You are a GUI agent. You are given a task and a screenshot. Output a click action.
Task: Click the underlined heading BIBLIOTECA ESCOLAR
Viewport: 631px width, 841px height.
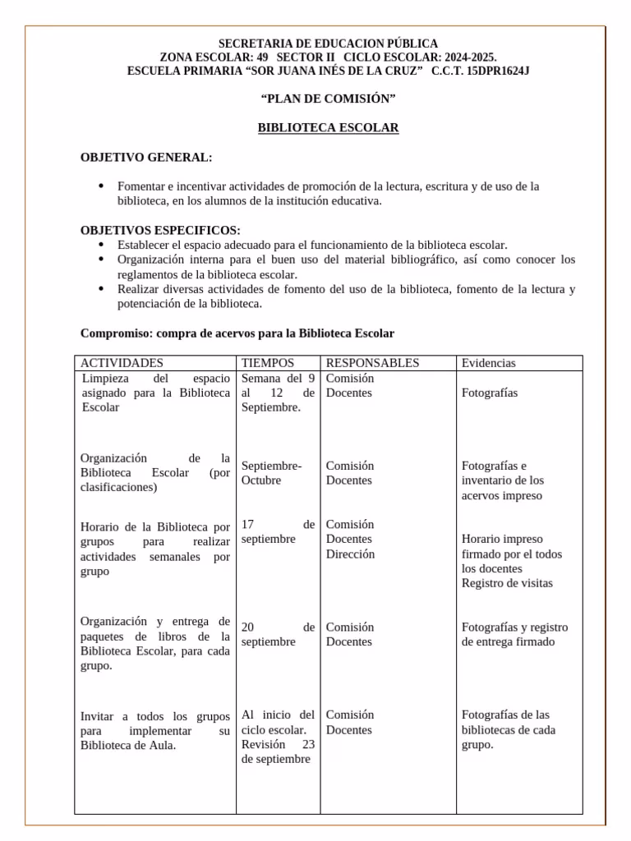(328, 128)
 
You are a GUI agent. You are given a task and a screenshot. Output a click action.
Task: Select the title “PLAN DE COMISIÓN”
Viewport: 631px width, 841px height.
(328, 99)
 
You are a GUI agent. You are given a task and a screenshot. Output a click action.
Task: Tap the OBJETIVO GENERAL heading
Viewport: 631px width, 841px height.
(145, 158)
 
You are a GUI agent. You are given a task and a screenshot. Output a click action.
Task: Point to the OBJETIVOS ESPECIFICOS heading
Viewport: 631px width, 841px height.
(160, 231)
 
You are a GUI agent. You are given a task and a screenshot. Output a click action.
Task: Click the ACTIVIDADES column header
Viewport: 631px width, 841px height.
(122, 363)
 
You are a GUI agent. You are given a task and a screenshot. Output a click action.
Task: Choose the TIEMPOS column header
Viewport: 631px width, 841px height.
(268, 363)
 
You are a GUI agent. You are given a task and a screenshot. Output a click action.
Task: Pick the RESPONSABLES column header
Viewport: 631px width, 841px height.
(372, 363)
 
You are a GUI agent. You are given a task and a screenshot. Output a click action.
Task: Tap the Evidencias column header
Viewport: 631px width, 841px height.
(489, 363)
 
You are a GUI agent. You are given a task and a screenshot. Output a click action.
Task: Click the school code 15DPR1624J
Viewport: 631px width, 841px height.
(498, 71)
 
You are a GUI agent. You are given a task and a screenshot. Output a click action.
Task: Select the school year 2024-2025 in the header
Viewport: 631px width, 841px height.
(469, 57)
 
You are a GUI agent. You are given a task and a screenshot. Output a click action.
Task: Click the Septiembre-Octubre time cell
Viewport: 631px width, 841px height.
(271, 473)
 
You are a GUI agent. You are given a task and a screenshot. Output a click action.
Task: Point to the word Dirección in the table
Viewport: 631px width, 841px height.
(350, 554)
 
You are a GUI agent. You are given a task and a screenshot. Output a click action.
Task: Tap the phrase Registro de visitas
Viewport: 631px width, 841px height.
(507, 583)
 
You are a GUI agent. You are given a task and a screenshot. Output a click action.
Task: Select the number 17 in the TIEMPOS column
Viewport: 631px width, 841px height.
(249, 525)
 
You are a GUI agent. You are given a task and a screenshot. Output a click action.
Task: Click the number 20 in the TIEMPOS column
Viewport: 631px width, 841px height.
(249, 627)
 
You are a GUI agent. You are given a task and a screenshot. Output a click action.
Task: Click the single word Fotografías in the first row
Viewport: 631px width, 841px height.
(490, 393)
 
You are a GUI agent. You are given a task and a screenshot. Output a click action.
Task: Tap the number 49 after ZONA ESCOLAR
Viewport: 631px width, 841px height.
(262, 57)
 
